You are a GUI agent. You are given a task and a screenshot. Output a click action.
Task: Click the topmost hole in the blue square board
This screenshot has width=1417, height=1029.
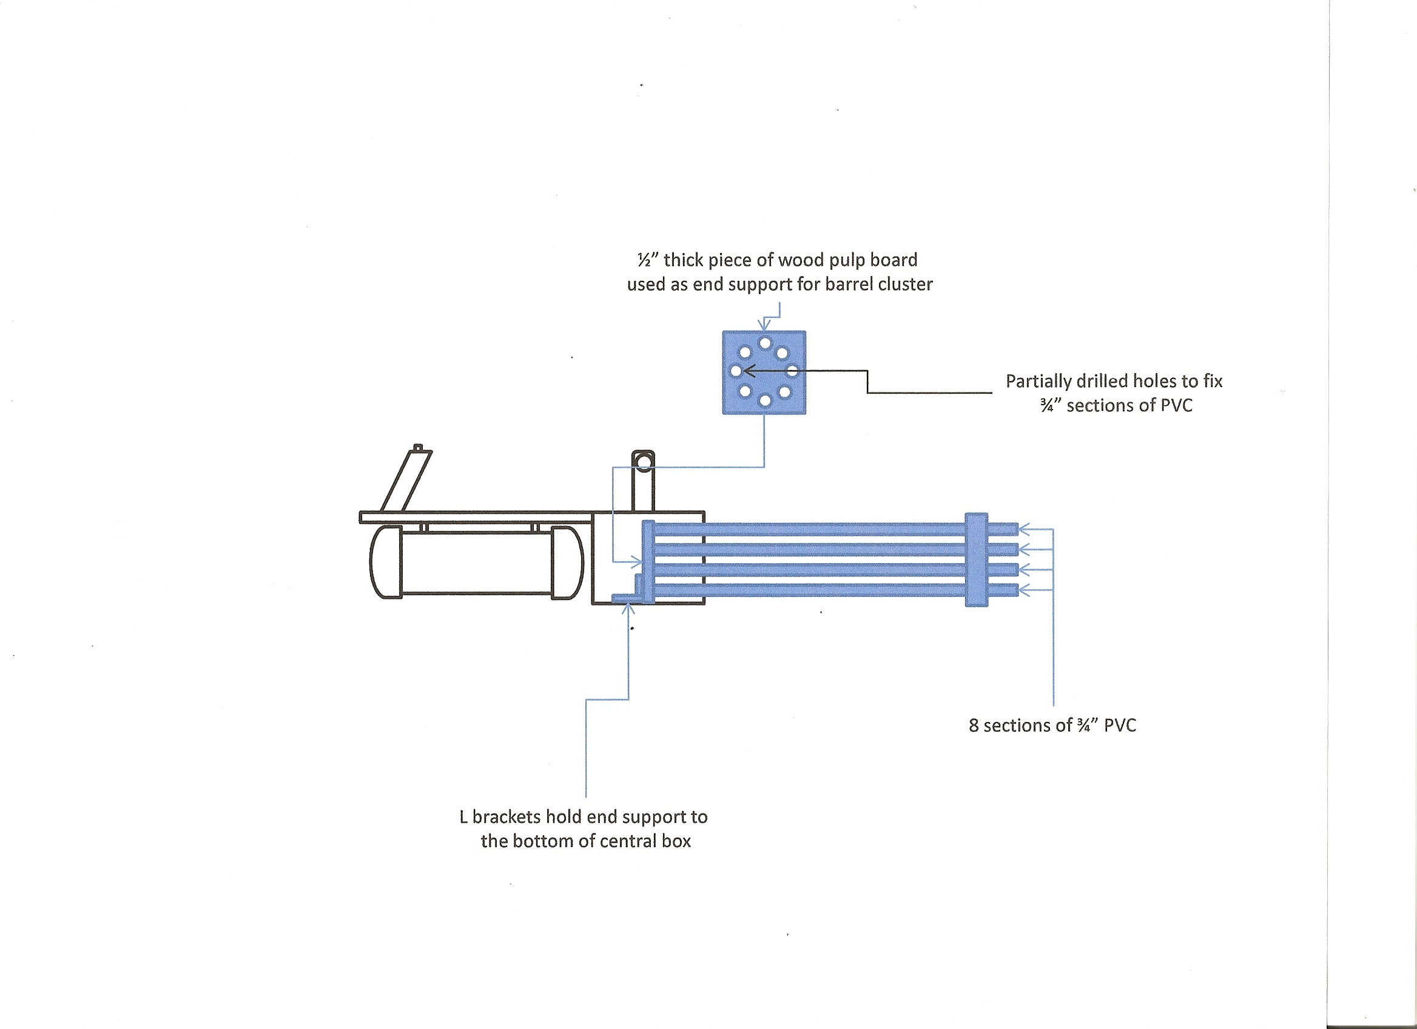coord(765,343)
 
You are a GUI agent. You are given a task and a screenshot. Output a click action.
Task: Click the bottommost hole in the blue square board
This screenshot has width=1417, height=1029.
coord(764,401)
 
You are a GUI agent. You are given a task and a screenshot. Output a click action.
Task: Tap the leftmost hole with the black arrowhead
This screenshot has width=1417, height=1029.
coord(736,371)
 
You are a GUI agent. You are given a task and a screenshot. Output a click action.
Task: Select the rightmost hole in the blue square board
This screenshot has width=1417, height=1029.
coord(792,371)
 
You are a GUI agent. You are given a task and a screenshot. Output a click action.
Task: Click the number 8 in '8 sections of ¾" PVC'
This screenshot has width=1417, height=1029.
coord(974,726)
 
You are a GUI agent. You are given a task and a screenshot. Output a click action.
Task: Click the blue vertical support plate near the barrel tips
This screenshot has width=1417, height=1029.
coord(977,560)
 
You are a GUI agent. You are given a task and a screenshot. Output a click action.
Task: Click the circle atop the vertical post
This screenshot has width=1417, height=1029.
coord(643,462)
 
